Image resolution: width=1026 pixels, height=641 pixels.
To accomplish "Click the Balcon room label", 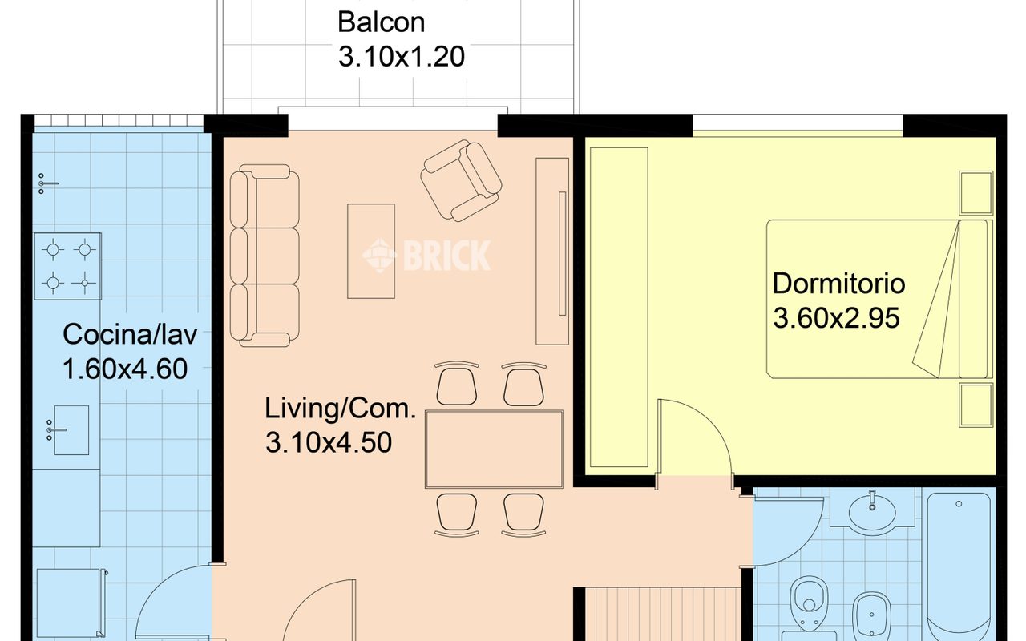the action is click(x=381, y=22).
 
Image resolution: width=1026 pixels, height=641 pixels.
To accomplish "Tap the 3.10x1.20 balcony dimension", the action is click(x=402, y=57).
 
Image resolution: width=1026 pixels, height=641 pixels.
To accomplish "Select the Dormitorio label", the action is click(x=838, y=284).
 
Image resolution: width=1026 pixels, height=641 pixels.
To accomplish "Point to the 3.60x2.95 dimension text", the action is click(x=836, y=318).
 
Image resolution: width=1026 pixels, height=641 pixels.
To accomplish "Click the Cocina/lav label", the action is click(x=130, y=334).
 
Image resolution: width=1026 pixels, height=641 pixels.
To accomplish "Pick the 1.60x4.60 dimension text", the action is click(x=125, y=369).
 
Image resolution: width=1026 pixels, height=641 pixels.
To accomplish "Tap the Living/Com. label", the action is click(x=341, y=409).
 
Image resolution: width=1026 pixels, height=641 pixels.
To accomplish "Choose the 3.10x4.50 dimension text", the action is click(x=329, y=443).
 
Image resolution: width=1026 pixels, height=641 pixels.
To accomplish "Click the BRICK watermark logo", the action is click(x=426, y=256).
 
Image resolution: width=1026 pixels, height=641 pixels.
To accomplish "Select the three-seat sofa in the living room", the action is click(x=265, y=256).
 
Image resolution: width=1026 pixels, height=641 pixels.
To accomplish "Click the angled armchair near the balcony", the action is click(x=461, y=181).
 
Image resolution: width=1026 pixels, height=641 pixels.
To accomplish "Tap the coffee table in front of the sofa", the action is click(x=371, y=252).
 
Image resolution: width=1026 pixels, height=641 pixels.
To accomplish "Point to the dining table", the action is click(x=495, y=450).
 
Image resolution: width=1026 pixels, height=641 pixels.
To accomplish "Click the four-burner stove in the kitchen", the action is click(x=68, y=266).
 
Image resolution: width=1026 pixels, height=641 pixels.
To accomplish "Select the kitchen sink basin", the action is click(x=71, y=430).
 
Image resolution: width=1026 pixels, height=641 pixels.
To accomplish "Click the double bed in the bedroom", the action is click(x=879, y=299).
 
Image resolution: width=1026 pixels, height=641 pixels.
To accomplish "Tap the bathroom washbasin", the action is click(x=872, y=512).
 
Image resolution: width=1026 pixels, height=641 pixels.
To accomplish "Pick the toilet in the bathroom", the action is click(x=809, y=604).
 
